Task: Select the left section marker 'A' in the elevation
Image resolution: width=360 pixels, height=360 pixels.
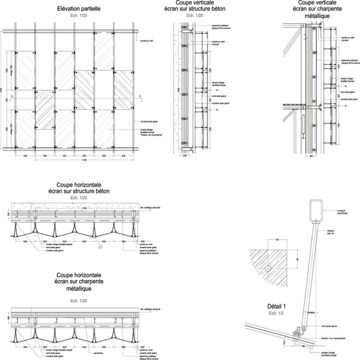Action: (12, 97)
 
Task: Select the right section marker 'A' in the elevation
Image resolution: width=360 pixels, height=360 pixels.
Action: (140, 97)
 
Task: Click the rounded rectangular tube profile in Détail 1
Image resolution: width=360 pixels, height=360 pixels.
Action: (317, 211)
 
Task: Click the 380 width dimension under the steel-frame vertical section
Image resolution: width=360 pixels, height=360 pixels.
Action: (312, 157)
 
